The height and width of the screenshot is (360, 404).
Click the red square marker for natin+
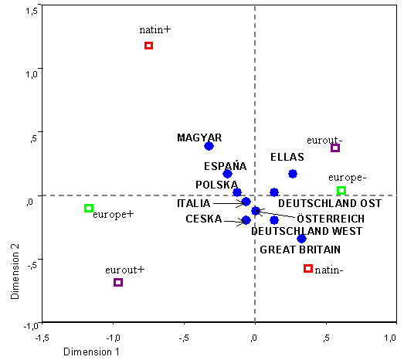pyautogui.click(x=149, y=46)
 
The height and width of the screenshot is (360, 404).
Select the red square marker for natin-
pyautogui.click(x=308, y=268)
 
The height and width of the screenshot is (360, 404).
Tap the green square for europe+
pyautogui.click(x=89, y=208)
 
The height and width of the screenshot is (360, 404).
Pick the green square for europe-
pyautogui.click(x=341, y=191)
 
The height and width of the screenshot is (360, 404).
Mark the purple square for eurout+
pyautogui.click(x=118, y=282)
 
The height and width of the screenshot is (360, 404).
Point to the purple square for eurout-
pyautogui.click(x=335, y=148)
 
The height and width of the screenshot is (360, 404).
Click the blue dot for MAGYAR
pyautogui.click(x=209, y=146)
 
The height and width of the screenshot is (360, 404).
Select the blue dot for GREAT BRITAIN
pyautogui.click(x=302, y=239)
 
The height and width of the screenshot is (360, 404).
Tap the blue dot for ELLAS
pyautogui.click(x=293, y=174)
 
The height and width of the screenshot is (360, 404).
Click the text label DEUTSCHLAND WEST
pyautogui.click(x=306, y=231)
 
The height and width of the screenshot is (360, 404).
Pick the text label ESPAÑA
pyautogui.click(x=226, y=165)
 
